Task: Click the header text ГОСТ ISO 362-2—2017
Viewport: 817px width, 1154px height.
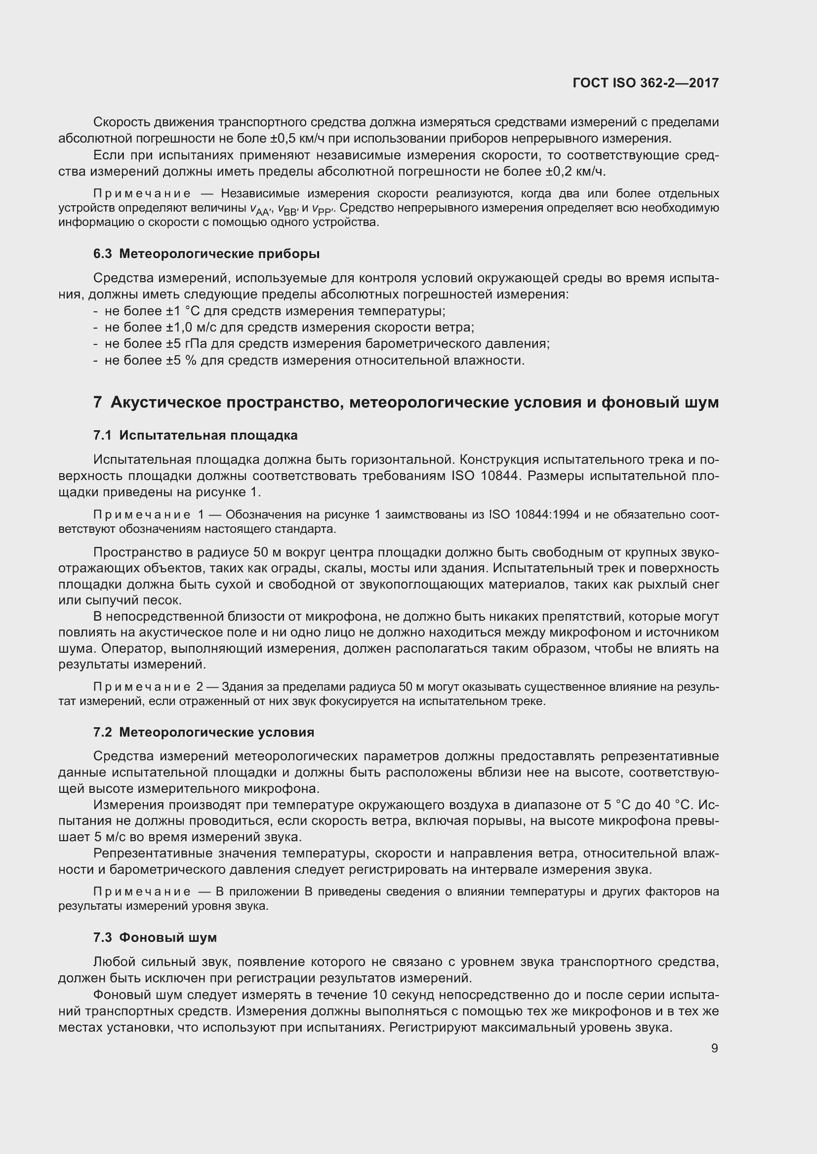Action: click(x=646, y=83)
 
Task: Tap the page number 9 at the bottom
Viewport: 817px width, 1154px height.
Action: click(x=714, y=1048)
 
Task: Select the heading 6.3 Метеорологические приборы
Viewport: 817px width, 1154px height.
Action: click(x=206, y=254)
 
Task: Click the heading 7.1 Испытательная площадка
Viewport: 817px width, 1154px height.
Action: click(x=195, y=435)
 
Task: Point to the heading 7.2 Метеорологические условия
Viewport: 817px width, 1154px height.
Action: click(x=203, y=732)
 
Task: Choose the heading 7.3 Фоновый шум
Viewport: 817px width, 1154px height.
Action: click(x=155, y=937)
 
